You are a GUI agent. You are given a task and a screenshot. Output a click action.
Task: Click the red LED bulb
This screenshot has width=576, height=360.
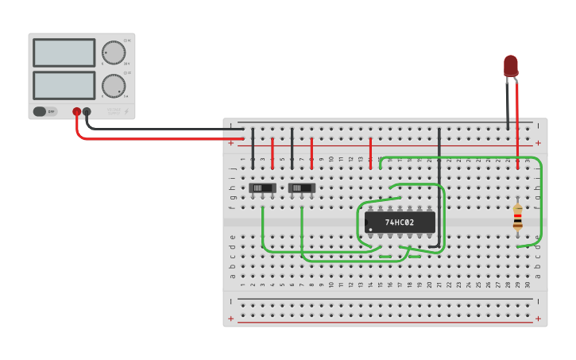pos(510,65)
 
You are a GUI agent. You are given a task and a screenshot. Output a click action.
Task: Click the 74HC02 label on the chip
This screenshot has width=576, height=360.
pos(400,223)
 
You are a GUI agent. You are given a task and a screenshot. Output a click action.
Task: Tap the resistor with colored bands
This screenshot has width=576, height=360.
pos(517,216)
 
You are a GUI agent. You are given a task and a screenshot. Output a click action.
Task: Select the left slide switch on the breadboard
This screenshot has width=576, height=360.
pos(262,188)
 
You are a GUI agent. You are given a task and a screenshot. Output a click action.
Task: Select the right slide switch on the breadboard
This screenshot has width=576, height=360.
pos(302,188)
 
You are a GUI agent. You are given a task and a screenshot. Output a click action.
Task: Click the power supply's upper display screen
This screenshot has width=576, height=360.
pos(64,53)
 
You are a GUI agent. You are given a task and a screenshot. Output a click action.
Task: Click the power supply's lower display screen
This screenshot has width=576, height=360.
pos(64,85)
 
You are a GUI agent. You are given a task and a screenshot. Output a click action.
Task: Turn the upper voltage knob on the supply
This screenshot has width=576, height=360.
pos(114,53)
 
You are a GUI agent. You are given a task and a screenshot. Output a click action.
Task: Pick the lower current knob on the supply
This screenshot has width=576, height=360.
pos(114,85)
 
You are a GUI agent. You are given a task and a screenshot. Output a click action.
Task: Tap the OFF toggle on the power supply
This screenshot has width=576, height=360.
pos(44,111)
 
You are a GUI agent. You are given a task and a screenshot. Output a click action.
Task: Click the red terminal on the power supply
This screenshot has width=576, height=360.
pos(77,112)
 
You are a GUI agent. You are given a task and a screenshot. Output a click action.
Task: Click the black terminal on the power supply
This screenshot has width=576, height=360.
pos(87,112)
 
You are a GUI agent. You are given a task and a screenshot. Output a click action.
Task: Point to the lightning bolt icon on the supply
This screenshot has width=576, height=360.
pos(126,112)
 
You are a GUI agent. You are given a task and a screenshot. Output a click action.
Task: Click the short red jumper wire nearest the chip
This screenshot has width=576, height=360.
pos(370,152)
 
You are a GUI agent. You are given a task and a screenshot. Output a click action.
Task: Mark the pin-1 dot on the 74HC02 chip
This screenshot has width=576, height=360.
pos(369,229)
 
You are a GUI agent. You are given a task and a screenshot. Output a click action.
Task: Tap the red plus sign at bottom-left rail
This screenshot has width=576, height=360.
pos(230,319)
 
